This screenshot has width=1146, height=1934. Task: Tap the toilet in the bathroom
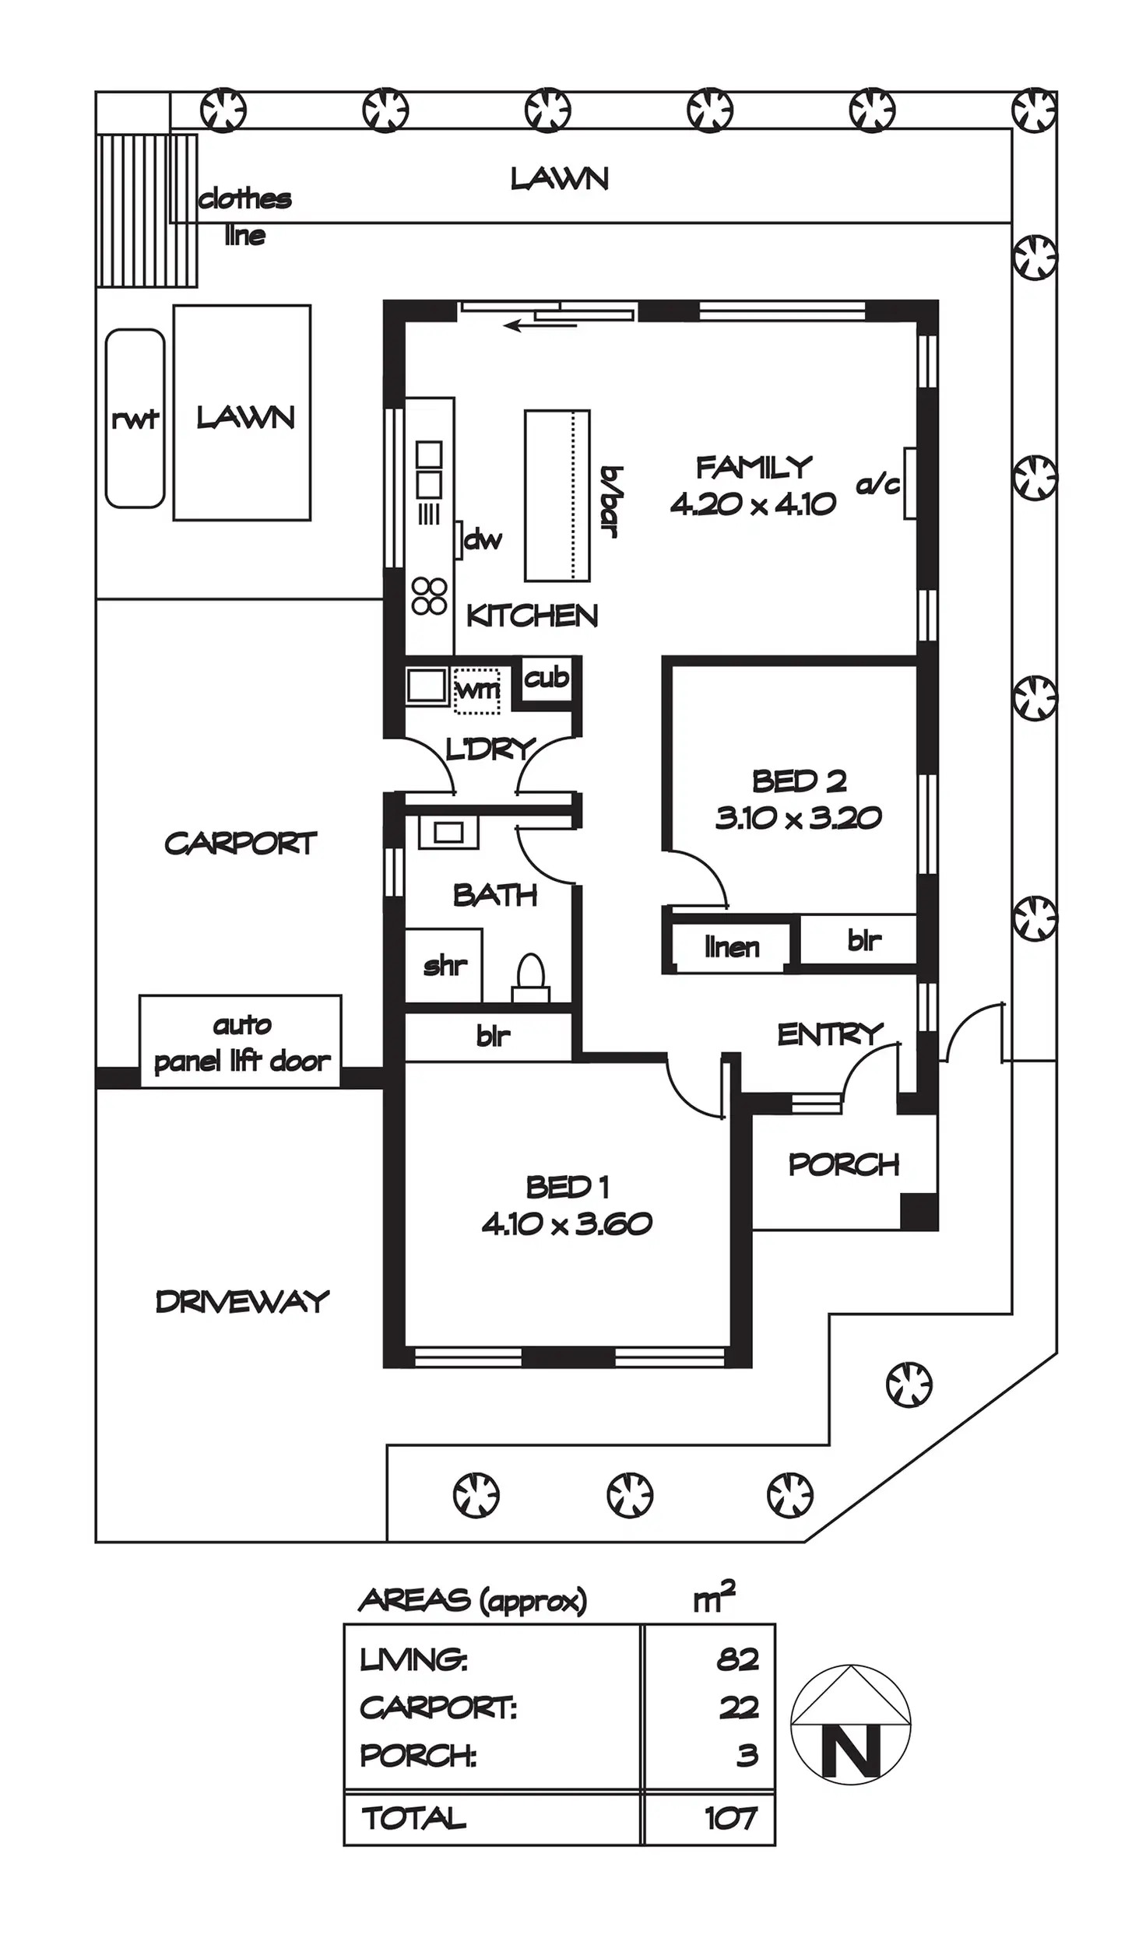[530, 978]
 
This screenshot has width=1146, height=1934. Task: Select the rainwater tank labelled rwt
[135, 419]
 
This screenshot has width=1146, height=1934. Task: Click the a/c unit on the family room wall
[909, 483]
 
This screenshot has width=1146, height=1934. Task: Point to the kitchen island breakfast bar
[557, 495]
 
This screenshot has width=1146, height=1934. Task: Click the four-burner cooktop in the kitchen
[429, 596]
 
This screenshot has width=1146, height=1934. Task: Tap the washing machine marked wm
[476, 690]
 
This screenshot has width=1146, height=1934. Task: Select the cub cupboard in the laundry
[547, 679]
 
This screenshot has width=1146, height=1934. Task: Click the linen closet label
[731, 947]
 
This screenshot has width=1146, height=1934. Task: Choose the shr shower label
[445, 966]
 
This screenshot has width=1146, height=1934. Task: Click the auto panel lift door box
[241, 1041]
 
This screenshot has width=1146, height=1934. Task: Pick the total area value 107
[730, 1818]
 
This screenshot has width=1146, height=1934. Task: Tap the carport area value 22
[738, 1708]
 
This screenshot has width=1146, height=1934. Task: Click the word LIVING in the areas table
[413, 1660]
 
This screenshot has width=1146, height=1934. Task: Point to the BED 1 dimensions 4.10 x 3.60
[567, 1224]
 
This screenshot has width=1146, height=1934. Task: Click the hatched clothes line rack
[146, 210]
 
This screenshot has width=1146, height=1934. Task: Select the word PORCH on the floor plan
[844, 1164]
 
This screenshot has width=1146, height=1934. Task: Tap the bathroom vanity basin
[448, 832]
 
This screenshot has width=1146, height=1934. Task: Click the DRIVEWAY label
[242, 1301]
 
